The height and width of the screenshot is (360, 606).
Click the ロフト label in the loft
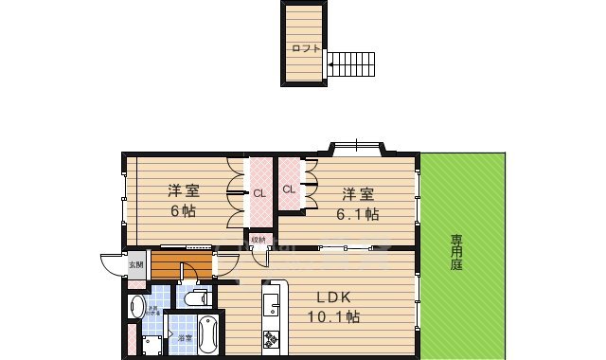pos(305,48)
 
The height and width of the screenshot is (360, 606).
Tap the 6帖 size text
pos(183,210)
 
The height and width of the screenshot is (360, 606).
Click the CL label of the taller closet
pos(258,193)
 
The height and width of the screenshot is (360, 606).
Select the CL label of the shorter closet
pos(288,189)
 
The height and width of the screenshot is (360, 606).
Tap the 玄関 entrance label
pos(136,264)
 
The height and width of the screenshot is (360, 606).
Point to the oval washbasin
pos(135,306)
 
